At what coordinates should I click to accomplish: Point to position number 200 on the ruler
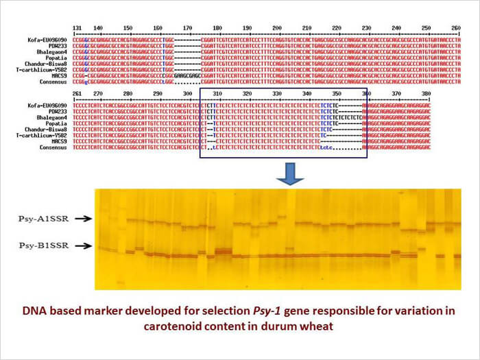277,27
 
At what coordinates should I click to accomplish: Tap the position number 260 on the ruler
455,27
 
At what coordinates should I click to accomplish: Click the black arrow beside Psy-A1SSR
82,219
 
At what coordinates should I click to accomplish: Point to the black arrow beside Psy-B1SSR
82,245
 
